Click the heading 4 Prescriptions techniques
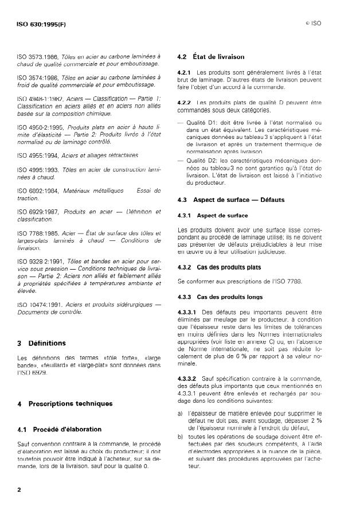[x=59, y=404]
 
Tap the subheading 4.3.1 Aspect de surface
[x=213, y=216]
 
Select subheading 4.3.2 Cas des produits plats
[x=220, y=267]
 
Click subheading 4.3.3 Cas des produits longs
[x=220, y=297]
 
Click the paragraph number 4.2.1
[x=184, y=73]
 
